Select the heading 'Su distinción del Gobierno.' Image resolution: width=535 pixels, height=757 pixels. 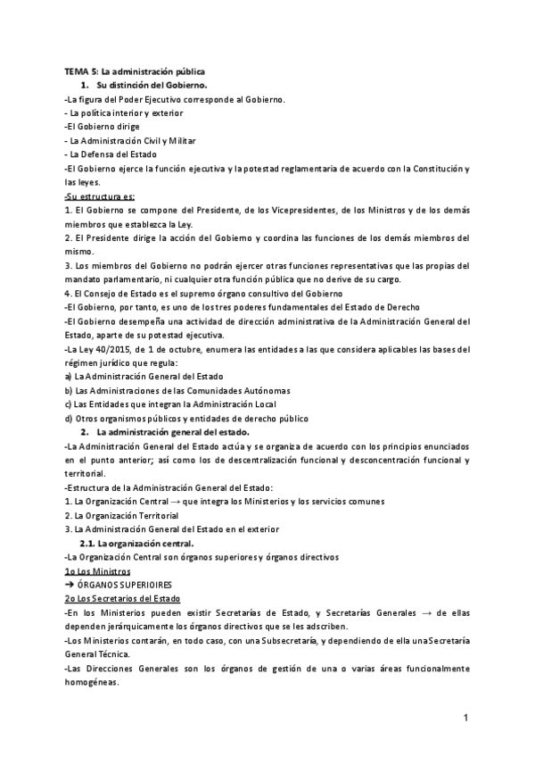click(x=152, y=85)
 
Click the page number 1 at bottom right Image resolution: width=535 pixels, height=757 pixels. click(x=466, y=718)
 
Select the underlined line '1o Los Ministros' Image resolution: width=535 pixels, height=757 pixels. click(x=97, y=571)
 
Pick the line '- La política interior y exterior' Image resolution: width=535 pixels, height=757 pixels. click(x=124, y=112)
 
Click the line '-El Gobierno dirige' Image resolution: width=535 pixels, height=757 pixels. click(x=102, y=127)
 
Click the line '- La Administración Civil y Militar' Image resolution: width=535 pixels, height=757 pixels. click(x=130, y=140)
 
